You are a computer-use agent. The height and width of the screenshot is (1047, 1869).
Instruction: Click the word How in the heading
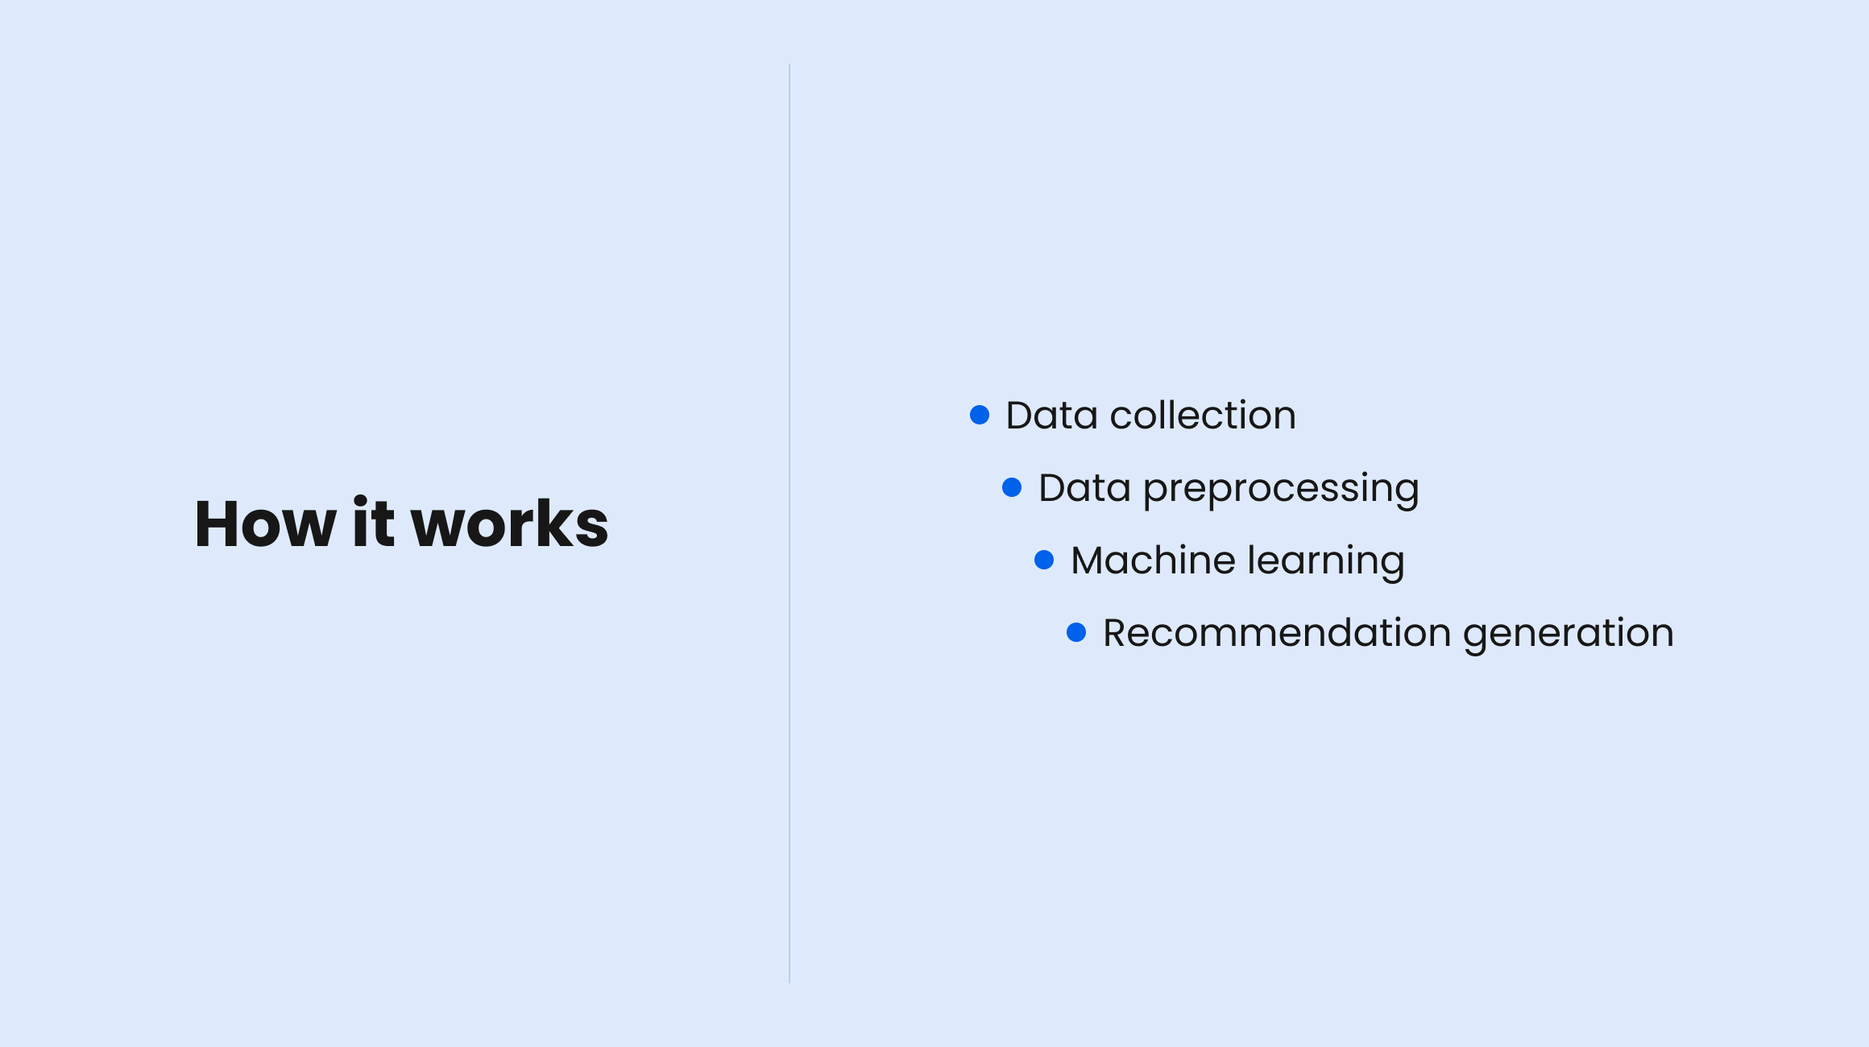[265, 524]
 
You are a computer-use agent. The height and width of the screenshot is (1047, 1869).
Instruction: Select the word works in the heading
[510, 524]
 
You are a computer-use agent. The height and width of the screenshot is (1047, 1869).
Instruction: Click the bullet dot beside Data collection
[980, 415]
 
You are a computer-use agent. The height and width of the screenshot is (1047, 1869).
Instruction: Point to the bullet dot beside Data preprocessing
[1012, 487]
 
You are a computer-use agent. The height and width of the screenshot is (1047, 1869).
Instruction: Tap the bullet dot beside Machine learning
[1044, 560]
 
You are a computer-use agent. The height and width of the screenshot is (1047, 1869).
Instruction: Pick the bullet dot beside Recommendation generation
[1076, 632]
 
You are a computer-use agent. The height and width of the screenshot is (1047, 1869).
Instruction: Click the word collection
[1203, 416]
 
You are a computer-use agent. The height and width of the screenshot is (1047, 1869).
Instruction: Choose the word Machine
[1153, 561]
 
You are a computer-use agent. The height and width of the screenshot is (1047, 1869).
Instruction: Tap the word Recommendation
[1277, 633]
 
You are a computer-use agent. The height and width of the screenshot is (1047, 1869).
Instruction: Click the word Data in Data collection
[1051, 416]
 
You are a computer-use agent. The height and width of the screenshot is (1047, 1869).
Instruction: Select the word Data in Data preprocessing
[1084, 488]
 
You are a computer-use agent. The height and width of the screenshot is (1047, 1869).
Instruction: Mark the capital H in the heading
[219, 524]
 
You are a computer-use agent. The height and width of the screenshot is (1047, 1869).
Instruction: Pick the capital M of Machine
[1088, 561]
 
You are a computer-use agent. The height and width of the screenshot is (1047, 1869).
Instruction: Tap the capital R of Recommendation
[1116, 633]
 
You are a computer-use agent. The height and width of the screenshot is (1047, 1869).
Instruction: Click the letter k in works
[552, 523]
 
